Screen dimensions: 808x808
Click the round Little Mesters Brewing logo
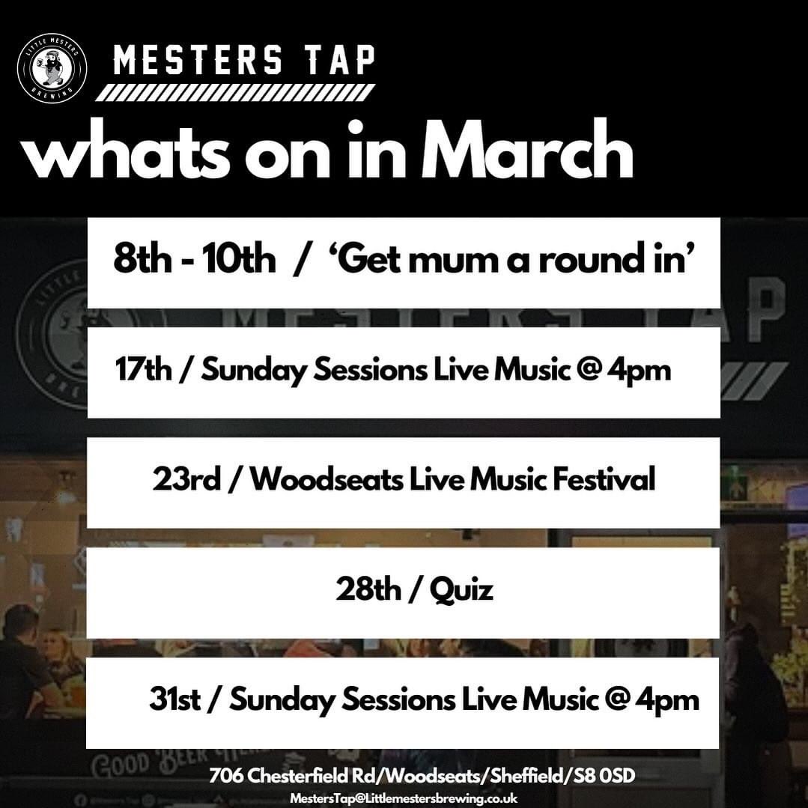click(52, 68)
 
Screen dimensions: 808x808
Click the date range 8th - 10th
click(195, 261)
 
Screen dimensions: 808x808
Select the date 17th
click(144, 370)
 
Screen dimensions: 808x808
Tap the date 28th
click(368, 590)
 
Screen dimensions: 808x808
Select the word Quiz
click(461, 590)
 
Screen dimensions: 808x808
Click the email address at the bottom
click(404, 799)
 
